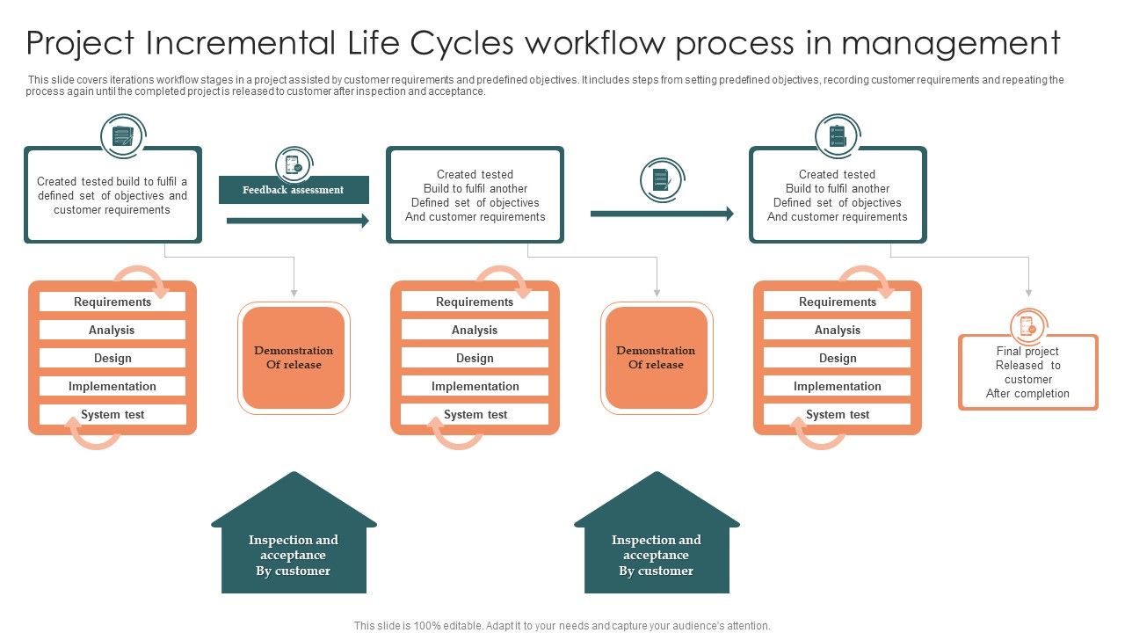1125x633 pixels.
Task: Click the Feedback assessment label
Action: pyautogui.click(x=294, y=190)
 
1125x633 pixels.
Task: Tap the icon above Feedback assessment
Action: pyautogui.click(x=293, y=165)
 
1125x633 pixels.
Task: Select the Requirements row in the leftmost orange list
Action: pyautogui.click(x=112, y=302)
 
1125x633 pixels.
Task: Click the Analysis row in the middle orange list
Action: pyautogui.click(x=475, y=330)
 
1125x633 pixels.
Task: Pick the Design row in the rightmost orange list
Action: pyautogui.click(x=837, y=358)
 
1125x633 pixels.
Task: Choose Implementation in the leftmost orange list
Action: pyautogui.click(x=112, y=386)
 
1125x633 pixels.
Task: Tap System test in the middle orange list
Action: pyautogui.click(x=475, y=414)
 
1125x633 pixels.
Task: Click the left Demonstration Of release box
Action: pyautogui.click(x=294, y=358)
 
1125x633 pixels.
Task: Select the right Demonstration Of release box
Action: pyautogui.click(x=656, y=358)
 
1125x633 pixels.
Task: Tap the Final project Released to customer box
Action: pyautogui.click(x=1027, y=373)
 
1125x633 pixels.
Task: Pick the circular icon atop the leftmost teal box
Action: pyautogui.click(x=122, y=136)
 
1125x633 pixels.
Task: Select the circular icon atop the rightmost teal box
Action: pyautogui.click(x=836, y=136)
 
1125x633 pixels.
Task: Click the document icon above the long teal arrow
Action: pyautogui.click(x=661, y=180)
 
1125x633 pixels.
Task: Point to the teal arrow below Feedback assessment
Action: pyautogui.click(x=297, y=221)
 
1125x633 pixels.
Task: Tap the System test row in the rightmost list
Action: pyautogui.click(x=837, y=414)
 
